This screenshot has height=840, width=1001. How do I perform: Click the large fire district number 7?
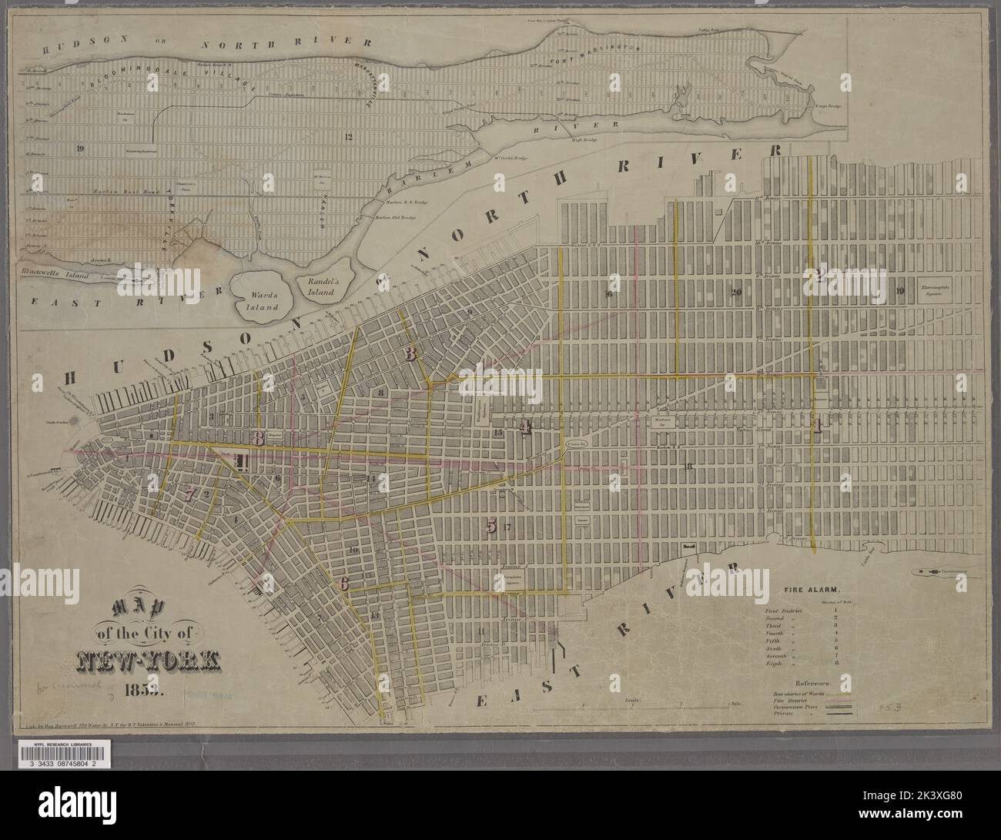click(189, 494)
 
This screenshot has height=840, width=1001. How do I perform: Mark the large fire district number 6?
click(344, 584)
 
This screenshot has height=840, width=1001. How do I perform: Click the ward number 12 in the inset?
click(349, 137)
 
